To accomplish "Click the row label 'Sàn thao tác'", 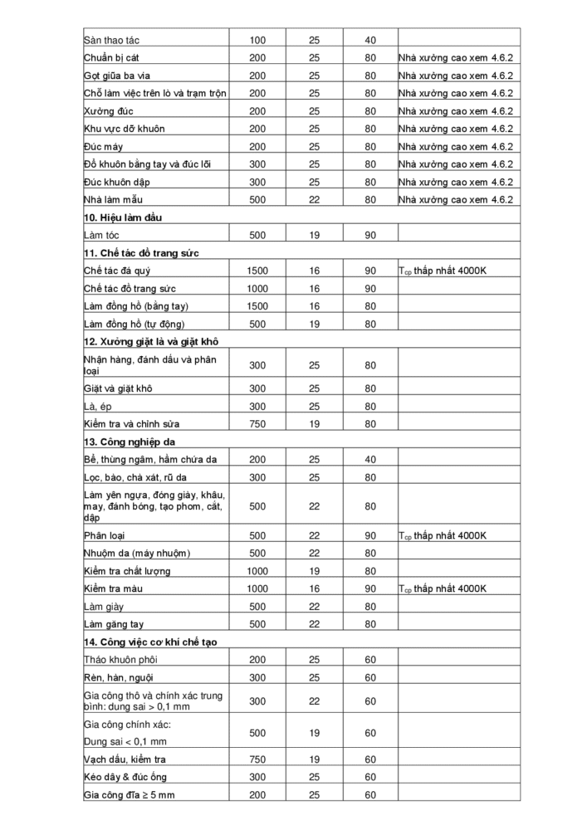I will click(x=114, y=40).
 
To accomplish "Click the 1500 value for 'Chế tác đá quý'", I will click(x=257, y=271).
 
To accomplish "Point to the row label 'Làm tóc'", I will click(x=103, y=236).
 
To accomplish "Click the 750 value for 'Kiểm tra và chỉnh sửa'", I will click(x=257, y=424).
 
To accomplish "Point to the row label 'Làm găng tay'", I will click(x=114, y=624).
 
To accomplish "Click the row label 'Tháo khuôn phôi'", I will click(x=120, y=660).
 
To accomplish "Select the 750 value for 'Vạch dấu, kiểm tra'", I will click(x=257, y=759).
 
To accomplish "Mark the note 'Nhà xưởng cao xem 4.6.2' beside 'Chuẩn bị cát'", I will click(x=456, y=58).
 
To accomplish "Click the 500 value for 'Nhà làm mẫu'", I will click(x=257, y=199).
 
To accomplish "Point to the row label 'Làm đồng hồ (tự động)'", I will click(x=135, y=324).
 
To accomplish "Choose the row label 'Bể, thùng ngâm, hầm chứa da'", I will click(x=150, y=460).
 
